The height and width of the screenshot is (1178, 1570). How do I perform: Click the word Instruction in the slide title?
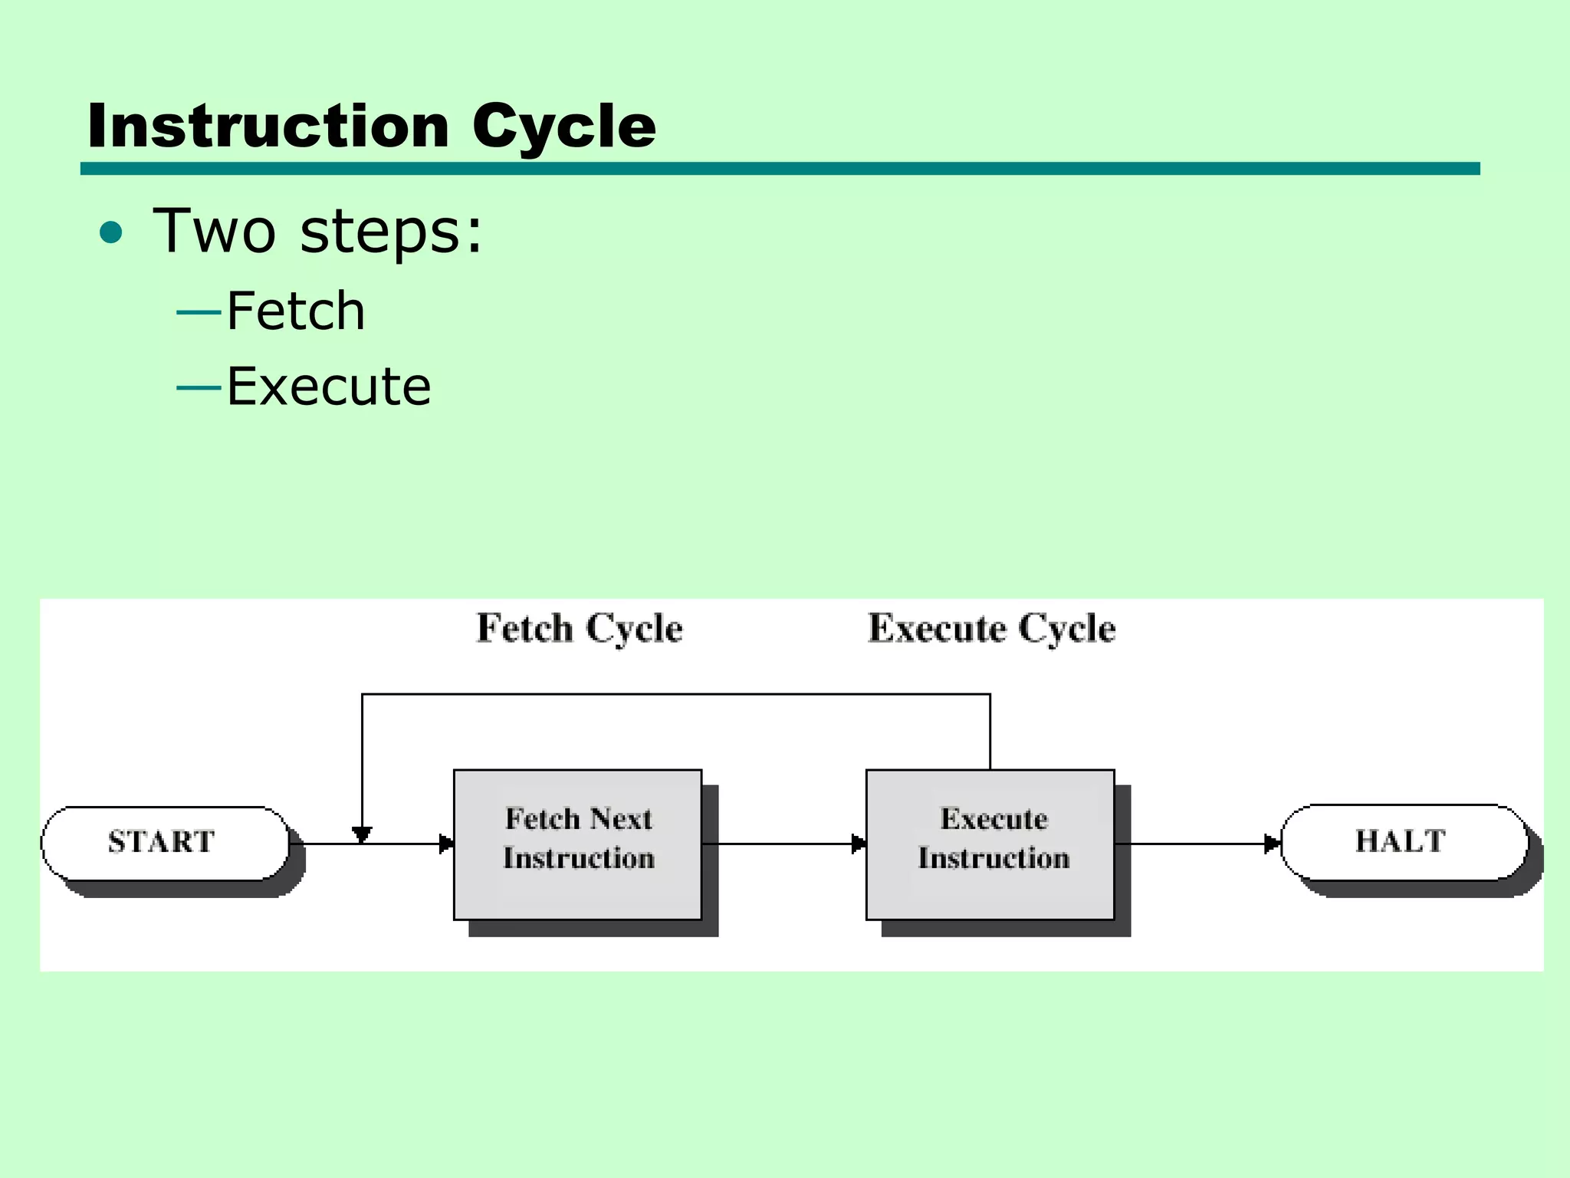(x=268, y=127)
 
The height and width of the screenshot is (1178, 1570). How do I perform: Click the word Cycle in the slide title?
(x=563, y=127)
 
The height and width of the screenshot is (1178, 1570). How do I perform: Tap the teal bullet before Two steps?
(x=111, y=232)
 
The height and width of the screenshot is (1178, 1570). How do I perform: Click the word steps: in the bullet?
(x=391, y=232)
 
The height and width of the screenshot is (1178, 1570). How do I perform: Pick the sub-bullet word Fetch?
(x=296, y=311)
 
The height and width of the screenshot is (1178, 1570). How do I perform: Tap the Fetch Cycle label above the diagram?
(x=580, y=629)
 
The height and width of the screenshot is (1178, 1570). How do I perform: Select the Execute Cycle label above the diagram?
(x=991, y=629)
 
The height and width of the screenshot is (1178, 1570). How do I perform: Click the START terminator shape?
(x=165, y=843)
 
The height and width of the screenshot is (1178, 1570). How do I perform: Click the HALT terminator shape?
(x=1403, y=842)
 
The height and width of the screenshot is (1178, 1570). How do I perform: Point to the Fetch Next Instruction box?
(x=577, y=844)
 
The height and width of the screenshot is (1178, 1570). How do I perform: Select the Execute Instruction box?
(x=990, y=844)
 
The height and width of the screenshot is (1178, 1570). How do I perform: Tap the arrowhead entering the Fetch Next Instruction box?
(x=446, y=844)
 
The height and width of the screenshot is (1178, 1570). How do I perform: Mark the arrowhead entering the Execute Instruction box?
(x=859, y=844)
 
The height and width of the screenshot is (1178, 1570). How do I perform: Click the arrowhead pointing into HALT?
(x=1272, y=844)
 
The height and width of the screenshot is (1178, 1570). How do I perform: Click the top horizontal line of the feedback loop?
(x=675, y=694)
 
